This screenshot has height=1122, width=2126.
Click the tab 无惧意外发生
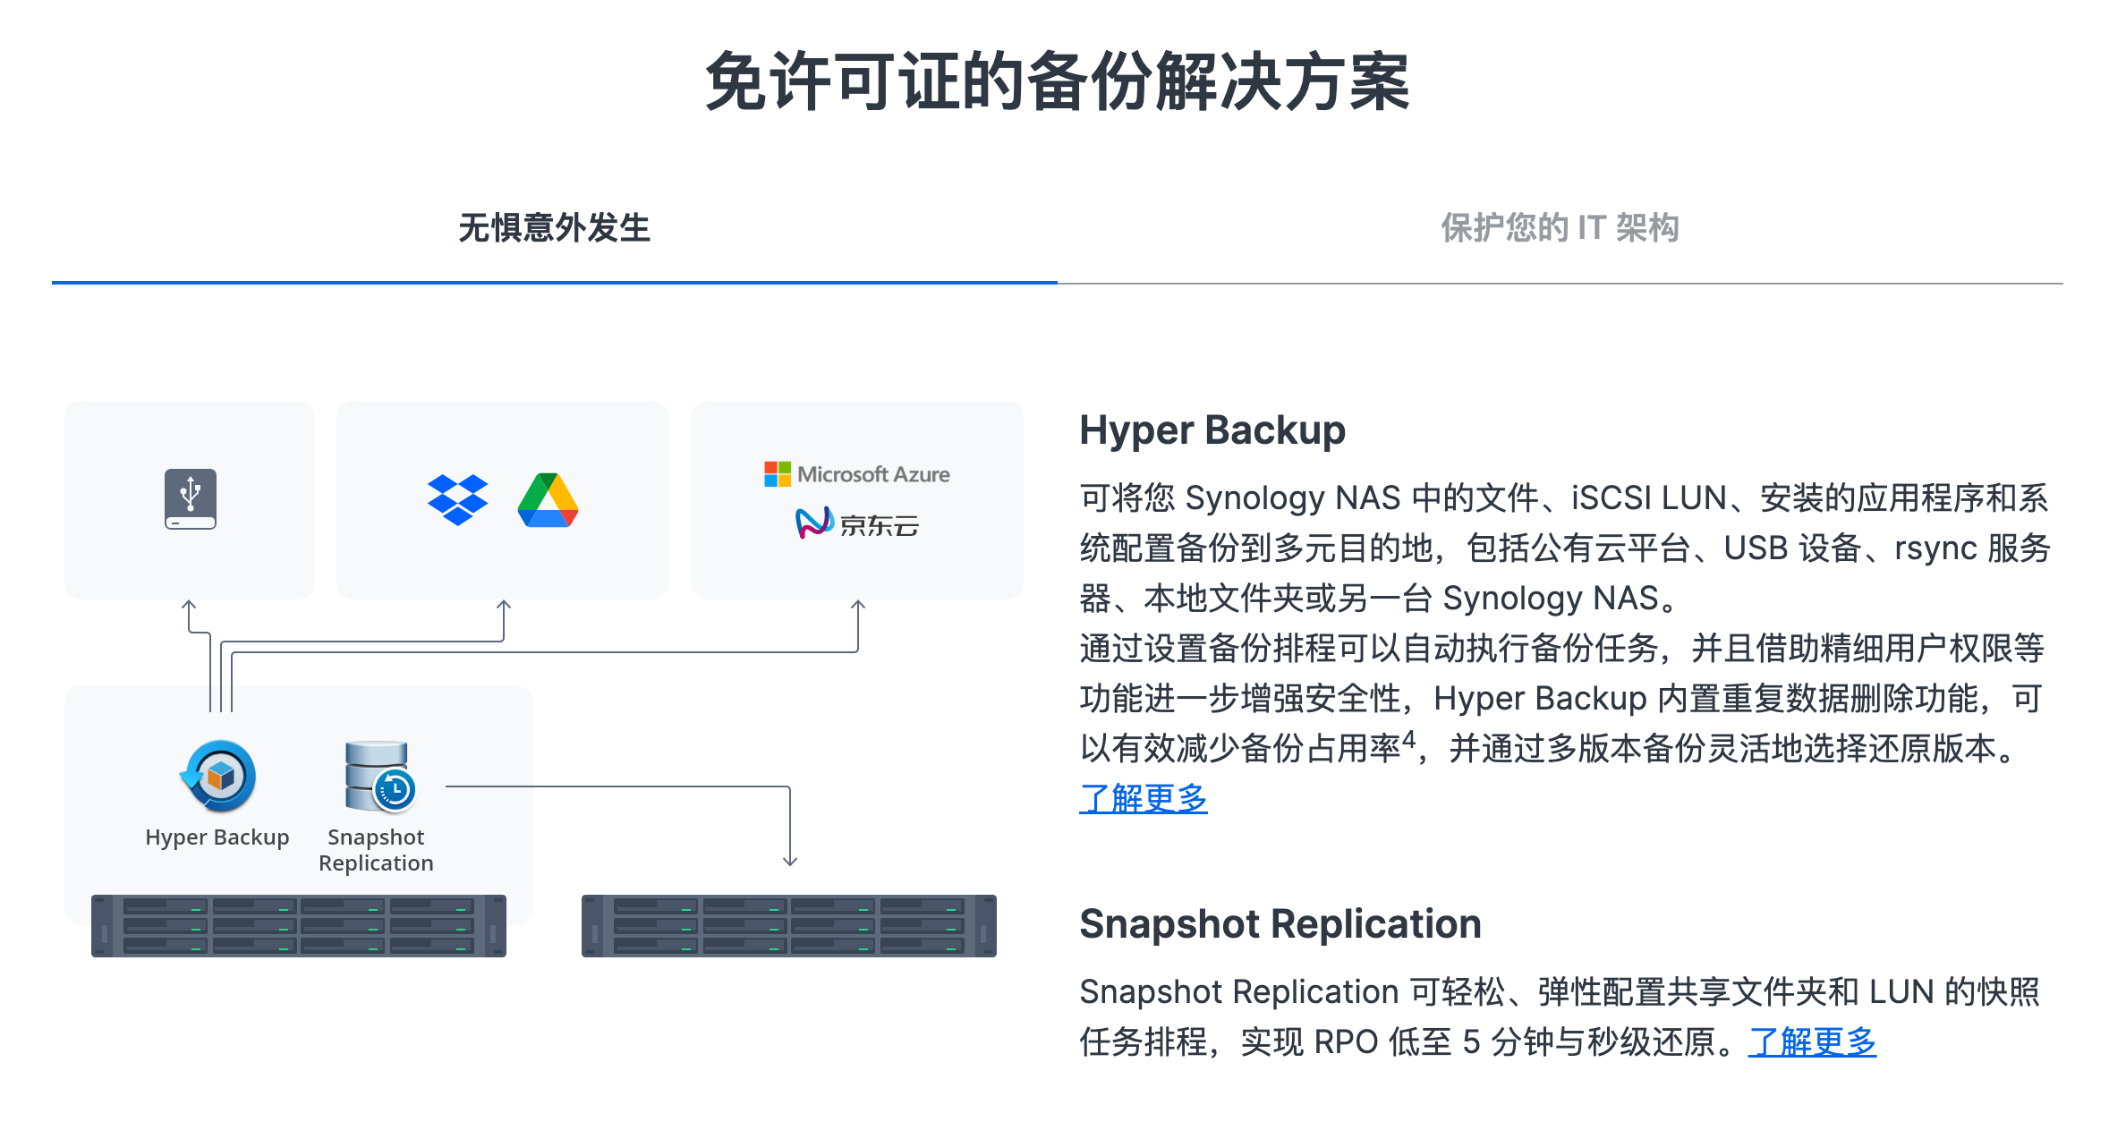click(554, 228)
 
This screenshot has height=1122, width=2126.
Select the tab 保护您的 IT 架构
click(1560, 228)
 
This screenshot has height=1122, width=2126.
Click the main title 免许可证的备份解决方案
click(1058, 82)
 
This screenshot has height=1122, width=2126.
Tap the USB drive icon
click(191, 498)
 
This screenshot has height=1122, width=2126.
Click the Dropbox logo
click(458, 499)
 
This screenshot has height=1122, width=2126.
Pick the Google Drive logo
click(548, 500)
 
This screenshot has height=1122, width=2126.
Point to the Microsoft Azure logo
click(857, 474)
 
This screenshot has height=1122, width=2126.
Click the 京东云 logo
click(857, 523)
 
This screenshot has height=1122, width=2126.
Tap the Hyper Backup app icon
click(219, 776)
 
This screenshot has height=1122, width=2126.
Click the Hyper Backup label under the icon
click(217, 837)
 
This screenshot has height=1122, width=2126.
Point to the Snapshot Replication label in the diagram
click(376, 850)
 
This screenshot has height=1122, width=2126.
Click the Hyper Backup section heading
click(1212, 430)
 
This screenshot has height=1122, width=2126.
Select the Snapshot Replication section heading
click(1280, 924)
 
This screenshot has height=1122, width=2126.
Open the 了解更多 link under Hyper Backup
click(1144, 798)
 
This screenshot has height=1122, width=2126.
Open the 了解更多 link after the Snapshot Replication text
click(1812, 1042)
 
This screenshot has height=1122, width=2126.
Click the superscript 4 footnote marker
click(1409, 739)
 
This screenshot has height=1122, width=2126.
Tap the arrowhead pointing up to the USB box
click(189, 606)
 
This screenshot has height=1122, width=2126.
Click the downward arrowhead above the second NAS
click(790, 861)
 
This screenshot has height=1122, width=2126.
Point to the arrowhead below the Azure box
click(858, 606)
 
